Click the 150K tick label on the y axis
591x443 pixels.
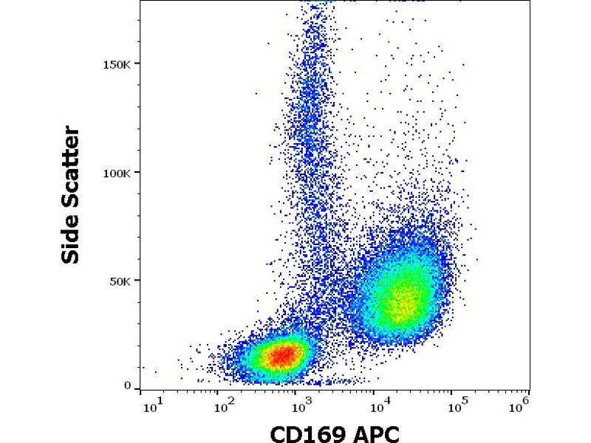click(118, 63)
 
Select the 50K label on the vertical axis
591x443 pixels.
click(121, 281)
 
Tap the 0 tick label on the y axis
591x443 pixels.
click(128, 385)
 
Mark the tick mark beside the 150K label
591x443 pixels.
click(137, 63)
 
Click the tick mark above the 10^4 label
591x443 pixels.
click(374, 393)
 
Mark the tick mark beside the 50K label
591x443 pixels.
click(137, 281)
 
